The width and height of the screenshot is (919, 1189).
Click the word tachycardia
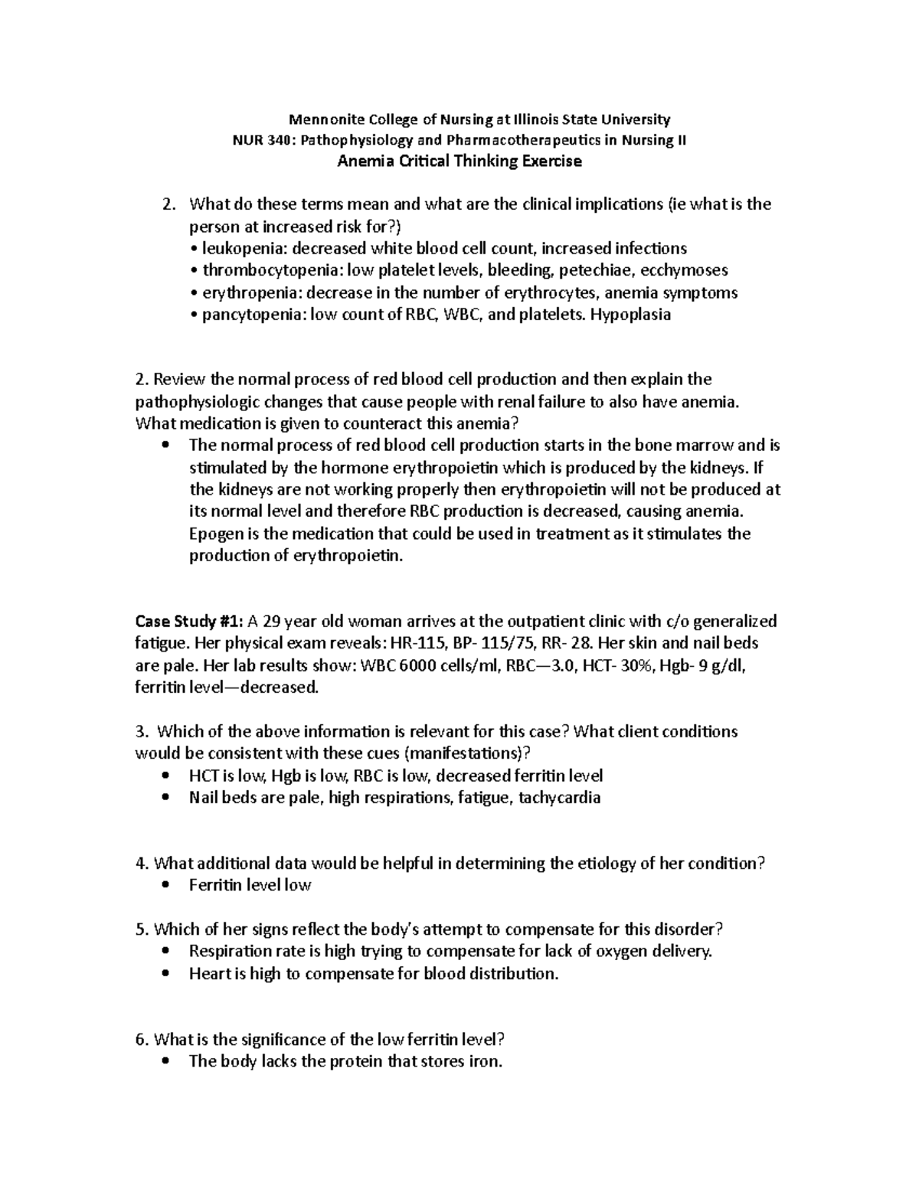560,798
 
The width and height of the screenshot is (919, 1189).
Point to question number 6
140,1040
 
